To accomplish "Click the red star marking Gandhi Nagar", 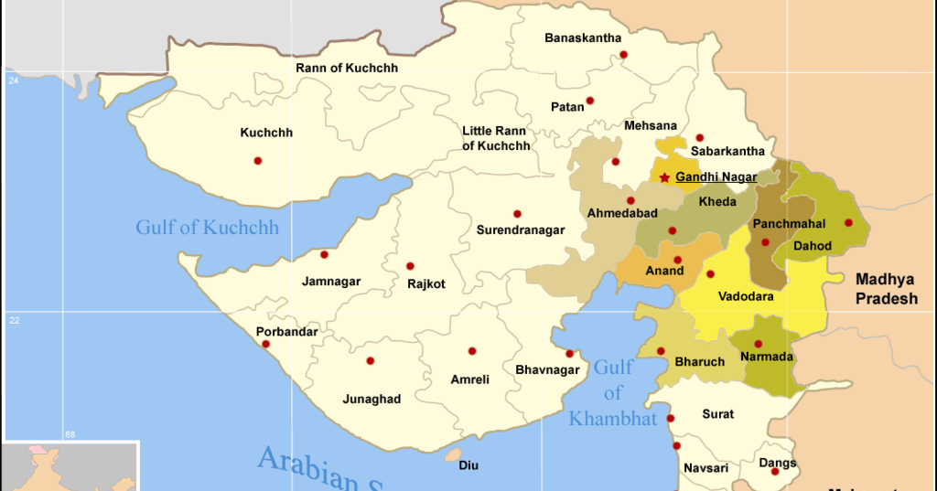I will click(664, 177).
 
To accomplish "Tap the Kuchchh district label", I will click(266, 133).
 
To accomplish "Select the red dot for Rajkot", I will click(410, 266).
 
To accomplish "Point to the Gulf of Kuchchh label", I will click(207, 227).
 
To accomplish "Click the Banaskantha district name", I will click(583, 38).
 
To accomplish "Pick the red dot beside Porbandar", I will click(265, 345).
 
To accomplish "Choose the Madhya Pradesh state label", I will click(886, 289).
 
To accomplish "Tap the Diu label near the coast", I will click(468, 465).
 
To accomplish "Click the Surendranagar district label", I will click(520, 230).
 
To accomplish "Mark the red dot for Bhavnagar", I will click(569, 354).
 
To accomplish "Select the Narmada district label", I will click(767, 357).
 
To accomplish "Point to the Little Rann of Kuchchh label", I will click(496, 139).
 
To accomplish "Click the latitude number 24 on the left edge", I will click(14, 81).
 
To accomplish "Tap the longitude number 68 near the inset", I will click(70, 433).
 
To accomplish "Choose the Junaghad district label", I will click(372, 399).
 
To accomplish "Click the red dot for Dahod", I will click(848, 222).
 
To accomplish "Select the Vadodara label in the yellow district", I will click(746, 296).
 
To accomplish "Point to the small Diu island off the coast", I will click(453, 454).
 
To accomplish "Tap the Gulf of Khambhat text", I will click(613, 393).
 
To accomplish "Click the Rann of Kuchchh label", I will click(347, 68).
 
